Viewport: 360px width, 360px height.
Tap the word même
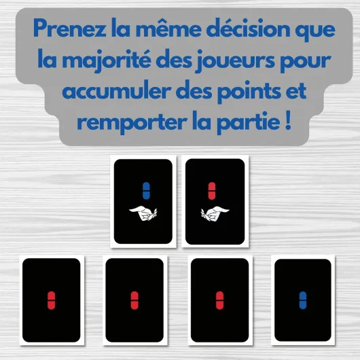168,28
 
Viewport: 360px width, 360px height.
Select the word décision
248,28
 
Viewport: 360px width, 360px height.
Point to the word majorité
107,60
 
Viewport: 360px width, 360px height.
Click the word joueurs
235,60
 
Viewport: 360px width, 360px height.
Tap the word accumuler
117,90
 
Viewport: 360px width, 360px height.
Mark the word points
249,91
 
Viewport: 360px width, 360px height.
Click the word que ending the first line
315,31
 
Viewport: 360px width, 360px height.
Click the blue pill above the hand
146,191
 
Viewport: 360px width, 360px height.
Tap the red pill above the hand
212,191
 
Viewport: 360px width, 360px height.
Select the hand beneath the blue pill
143,213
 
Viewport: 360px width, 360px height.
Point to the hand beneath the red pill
215,213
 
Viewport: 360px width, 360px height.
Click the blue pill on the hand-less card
303,300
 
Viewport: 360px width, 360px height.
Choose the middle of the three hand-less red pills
134,300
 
